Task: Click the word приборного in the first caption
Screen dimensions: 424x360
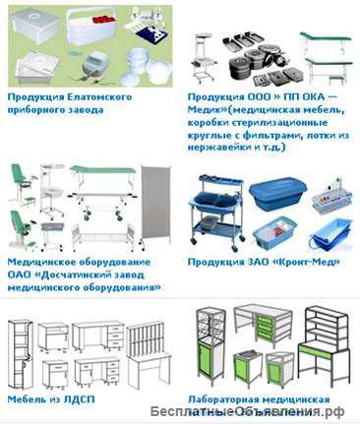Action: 41,110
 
